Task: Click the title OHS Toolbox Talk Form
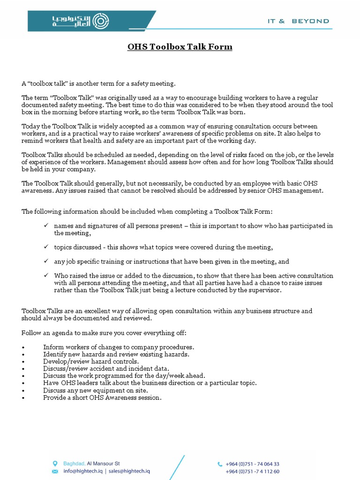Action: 180,47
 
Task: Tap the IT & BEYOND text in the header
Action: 298,21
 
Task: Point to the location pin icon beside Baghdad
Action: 55,464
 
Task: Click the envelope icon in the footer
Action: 55,471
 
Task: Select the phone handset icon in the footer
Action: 220,464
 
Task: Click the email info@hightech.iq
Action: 82,471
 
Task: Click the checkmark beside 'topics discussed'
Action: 46,247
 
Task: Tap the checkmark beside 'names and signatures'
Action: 46,225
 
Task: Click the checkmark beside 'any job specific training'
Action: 46,261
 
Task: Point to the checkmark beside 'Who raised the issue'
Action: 46,275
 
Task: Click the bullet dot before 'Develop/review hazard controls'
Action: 23,362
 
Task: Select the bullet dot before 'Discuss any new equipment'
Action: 23,390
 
